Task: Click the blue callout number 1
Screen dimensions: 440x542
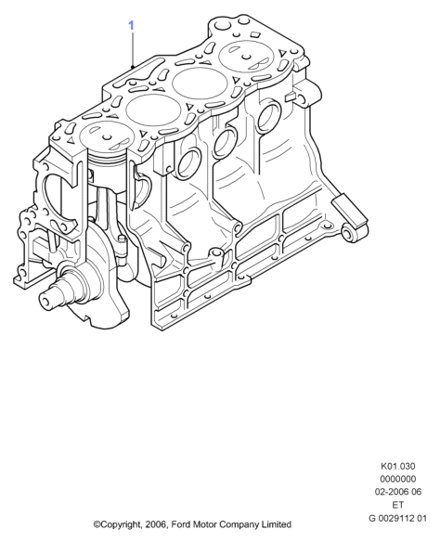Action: point(131,25)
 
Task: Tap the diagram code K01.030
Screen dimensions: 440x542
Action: point(398,466)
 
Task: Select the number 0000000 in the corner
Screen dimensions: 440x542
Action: point(398,479)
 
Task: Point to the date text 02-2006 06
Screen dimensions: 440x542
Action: point(398,492)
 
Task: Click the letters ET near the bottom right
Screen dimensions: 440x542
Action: point(398,505)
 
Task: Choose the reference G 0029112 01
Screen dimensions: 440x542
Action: point(398,518)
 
